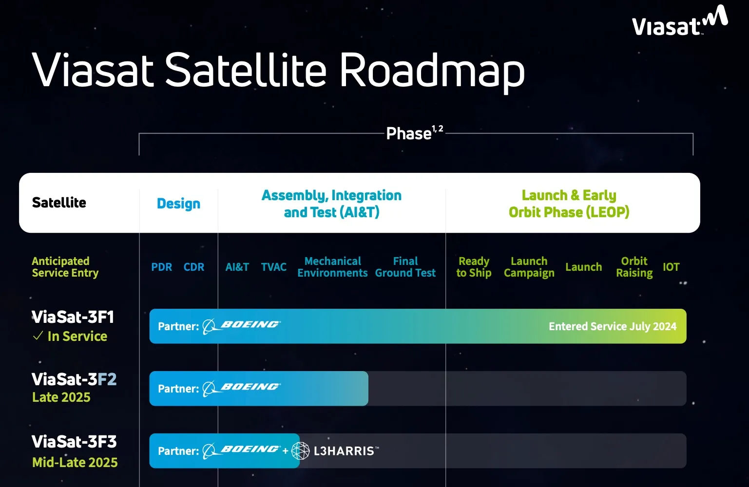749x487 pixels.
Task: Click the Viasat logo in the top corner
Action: (679, 22)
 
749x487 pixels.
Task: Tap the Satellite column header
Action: (59, 203)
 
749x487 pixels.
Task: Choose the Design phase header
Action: (178, 204)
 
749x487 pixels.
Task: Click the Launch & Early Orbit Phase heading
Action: (569, 204)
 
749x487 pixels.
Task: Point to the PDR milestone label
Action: (161, 267)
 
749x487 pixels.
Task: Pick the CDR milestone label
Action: (194, 267)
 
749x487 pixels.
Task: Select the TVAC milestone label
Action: (273, 267)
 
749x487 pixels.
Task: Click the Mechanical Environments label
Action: (332, 267)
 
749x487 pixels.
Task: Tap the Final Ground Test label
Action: (405, 267)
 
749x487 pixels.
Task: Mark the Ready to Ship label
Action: (474, 267)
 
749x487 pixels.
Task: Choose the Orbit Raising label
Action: (634, 267)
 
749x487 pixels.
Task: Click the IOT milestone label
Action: (671, 267)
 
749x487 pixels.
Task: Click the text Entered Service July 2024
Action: (612, 326)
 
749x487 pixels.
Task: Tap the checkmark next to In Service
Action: (38, 336)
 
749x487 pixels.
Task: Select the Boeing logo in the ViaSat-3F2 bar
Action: (242, 388)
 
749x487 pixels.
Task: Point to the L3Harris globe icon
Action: (300, 451)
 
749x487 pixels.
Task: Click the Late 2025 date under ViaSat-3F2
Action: (61, 397)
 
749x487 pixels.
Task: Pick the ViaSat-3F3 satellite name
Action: (74, 442)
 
